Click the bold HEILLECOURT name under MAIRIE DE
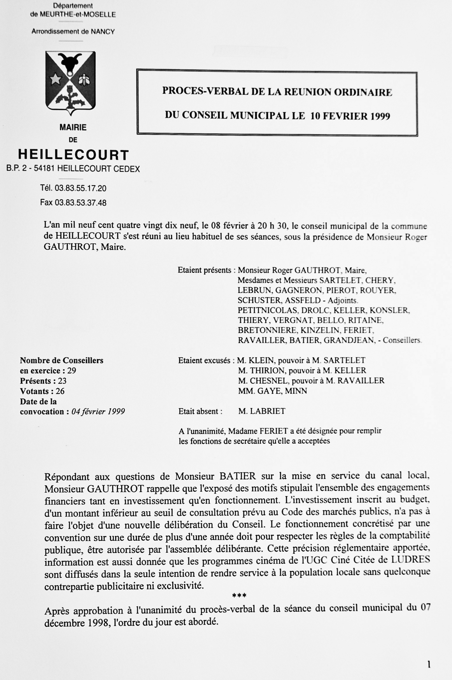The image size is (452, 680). (73, 155)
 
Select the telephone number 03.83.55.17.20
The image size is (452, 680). (80, 188)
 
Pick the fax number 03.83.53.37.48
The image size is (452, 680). (80, 203)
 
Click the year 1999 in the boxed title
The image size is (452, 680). (380, 116)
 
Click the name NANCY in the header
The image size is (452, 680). (103, 31)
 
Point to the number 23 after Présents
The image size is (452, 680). (62, 381)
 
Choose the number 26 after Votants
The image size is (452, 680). (60, 391)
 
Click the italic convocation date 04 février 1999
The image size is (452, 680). (98, 412)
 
